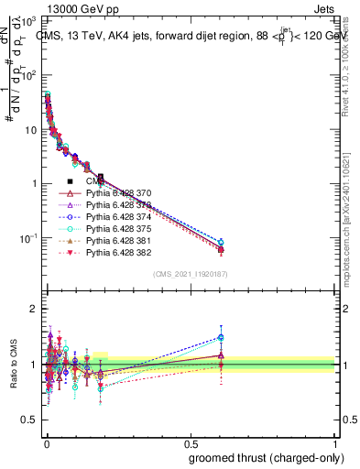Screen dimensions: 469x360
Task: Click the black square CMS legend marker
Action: click(70, 183)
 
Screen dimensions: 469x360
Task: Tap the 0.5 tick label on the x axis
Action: click(190, 443)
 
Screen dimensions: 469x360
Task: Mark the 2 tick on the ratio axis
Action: click(34, 309)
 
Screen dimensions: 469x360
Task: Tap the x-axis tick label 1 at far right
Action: click(336, 443)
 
